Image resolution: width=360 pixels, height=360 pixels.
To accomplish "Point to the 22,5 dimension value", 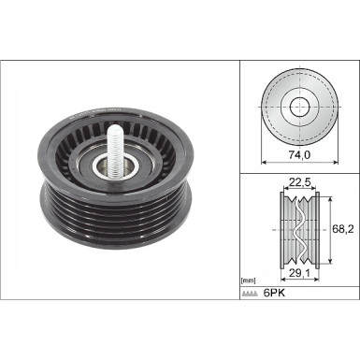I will (299, 182).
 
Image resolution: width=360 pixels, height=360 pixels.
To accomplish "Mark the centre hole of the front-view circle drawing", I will (300, 105).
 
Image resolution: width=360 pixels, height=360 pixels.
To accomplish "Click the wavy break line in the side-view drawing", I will (299, 230).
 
